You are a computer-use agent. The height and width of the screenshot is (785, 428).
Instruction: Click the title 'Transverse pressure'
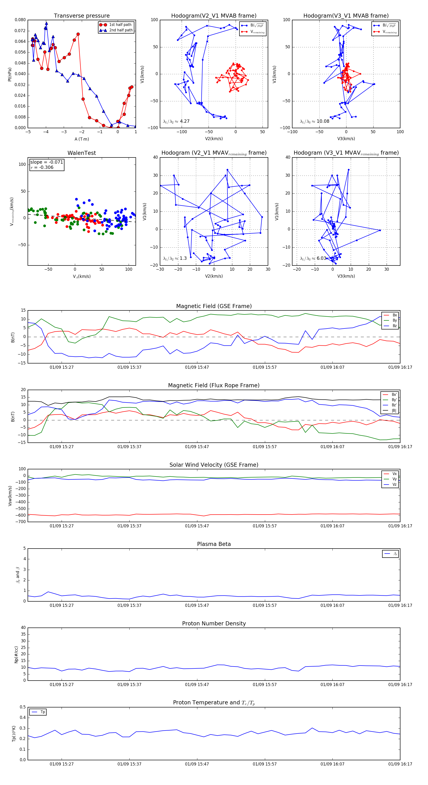click(82, 16)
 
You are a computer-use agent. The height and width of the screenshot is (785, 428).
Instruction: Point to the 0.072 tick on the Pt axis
click(20, 31)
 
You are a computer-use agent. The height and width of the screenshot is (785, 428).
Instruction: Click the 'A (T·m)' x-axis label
click(82, 139)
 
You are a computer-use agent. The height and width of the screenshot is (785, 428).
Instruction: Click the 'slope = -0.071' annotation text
click(47, 162)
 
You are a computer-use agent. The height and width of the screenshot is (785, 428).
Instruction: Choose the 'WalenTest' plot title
click(82, 153)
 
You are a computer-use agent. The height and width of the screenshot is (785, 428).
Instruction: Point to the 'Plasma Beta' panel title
click(214, 544)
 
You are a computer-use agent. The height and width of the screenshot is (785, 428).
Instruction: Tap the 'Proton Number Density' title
click(214, 623)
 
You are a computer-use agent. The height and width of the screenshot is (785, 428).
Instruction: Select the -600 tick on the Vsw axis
click(20, 515)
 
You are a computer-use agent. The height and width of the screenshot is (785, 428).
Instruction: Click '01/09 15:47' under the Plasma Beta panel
click(197, 605)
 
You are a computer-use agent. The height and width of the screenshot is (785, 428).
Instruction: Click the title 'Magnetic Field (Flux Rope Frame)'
click(214, 386)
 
